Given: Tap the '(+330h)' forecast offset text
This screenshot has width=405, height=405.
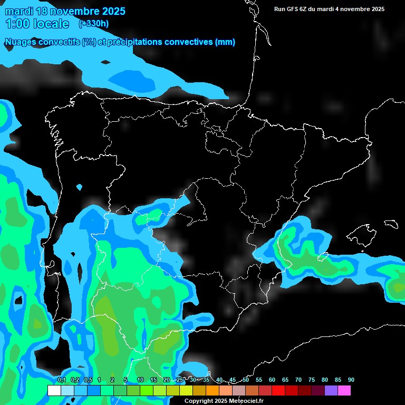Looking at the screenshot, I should tap(93, 23).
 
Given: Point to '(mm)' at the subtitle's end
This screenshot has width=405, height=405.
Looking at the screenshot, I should tap(225, 42).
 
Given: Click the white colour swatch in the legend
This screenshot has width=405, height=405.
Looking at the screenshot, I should tap(54, 391).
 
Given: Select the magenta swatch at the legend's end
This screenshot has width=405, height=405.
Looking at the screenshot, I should tap(344, 391).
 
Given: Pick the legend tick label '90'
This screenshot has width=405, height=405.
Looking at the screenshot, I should tap(351, 380).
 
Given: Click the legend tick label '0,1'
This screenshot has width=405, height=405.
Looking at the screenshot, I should tap(61, 380).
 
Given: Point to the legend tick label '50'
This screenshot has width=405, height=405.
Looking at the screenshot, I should tap(246, 380).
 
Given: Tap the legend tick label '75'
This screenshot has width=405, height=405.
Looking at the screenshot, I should tap(311, 380).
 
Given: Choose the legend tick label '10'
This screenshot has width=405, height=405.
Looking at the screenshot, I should tap(140, 380).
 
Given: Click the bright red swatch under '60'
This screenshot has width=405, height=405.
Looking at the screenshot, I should tap(278, 391).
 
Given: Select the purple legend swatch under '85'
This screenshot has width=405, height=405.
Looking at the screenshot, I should tap(331, 391).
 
